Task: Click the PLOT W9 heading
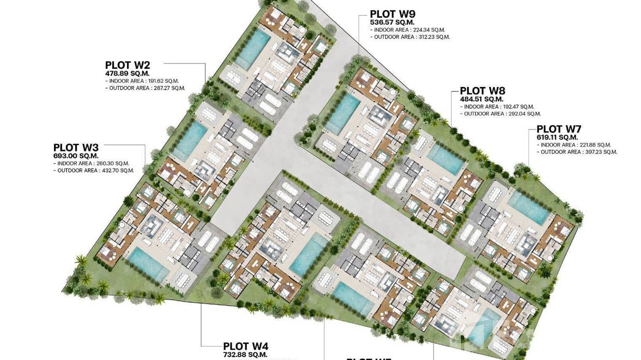pyautogui.click(x=393, y=14)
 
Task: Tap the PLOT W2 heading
pyautogui.click(x=128, y=65)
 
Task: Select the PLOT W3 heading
pyautogui.click(x=76, y=148)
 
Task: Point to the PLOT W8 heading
pyautogui.click(x=482, y=91)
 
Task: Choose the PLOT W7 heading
pyautogui.click(x=559, y=129)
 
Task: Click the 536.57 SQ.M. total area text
pyautogui.click(x=392, y=22)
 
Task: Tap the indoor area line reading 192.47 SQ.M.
pyautogui.click(x=499, y=107)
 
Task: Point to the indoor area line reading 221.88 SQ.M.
pyautogui.click(x=575, y=145)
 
